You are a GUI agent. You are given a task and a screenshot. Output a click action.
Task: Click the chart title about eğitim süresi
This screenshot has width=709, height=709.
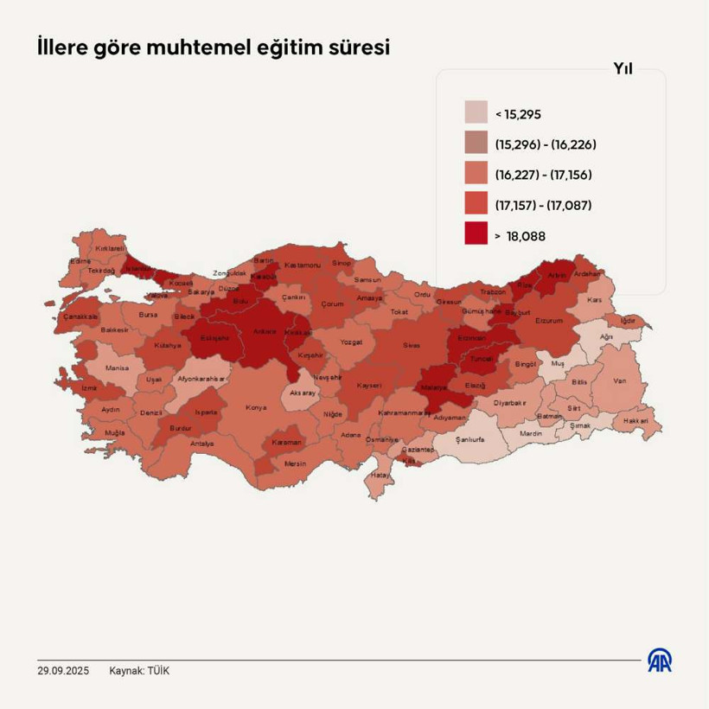(213, 48)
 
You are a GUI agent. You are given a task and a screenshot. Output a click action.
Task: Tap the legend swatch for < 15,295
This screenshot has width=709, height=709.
(476, 113)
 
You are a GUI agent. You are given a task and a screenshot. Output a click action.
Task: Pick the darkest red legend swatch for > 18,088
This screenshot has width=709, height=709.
(476, 234)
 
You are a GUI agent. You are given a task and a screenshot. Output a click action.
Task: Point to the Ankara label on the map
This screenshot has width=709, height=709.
(264, 331)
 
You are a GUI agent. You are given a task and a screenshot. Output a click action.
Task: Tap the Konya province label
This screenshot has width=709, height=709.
(256, 407)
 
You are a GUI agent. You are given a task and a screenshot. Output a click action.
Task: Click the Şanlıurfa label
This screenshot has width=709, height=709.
(469, 439)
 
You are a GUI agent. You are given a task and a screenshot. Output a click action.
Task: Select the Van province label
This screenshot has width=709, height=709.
(619, 380)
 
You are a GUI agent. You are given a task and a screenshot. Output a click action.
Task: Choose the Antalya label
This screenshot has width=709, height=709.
(201, 444)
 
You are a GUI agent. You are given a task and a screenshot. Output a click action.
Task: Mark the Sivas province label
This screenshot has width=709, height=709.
(412, 345)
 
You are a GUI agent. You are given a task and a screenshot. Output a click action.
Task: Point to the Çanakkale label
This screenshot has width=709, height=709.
(80, 316)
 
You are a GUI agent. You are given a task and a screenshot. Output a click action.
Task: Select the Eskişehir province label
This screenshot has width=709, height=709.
(214, 338)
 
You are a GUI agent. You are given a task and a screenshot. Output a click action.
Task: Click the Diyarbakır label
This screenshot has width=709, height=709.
(510, 402)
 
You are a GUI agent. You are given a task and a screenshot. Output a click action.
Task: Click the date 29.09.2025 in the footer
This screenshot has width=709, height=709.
(63, 671)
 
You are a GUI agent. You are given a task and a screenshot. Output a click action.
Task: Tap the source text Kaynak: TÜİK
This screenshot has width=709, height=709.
(139, 671)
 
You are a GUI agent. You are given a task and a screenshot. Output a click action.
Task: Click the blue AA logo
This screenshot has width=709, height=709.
(661, 661)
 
